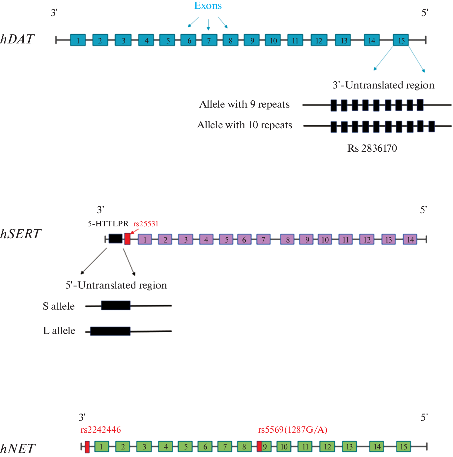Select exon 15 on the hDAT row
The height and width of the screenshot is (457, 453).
[x=401, y=40]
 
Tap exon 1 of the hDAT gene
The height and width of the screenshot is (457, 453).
[x=78, y=40]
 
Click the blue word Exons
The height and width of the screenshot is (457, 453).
[x=208, y=6]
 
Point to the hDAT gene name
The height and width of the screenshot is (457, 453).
[x=17, y=39]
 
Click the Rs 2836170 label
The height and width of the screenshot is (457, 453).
[x=372, y=148]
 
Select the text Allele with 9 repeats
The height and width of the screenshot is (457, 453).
[x=244, y=104]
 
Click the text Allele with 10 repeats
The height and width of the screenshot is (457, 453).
[x=244, y=125]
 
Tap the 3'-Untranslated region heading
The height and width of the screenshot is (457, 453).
[x=383, y=85]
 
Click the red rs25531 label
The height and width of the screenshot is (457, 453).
[x=146, y=224]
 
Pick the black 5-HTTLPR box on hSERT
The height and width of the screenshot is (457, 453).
[x=115, y=239]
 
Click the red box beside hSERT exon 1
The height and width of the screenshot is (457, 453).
[x=127, y=239]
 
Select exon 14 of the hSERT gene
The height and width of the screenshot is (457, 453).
[x=410, y=240]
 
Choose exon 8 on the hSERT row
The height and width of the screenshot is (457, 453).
[x=288, y=240]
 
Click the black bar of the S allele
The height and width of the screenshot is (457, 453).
[x=116, y=305]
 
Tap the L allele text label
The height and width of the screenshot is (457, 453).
[x=59, y=331]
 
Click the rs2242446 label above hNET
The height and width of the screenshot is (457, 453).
[x=100, y=430]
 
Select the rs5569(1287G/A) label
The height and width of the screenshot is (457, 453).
[x=293, y=430]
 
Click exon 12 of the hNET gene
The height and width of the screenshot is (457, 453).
[x=327, y=446]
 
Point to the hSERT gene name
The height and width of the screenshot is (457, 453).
[x=20, y=234]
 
